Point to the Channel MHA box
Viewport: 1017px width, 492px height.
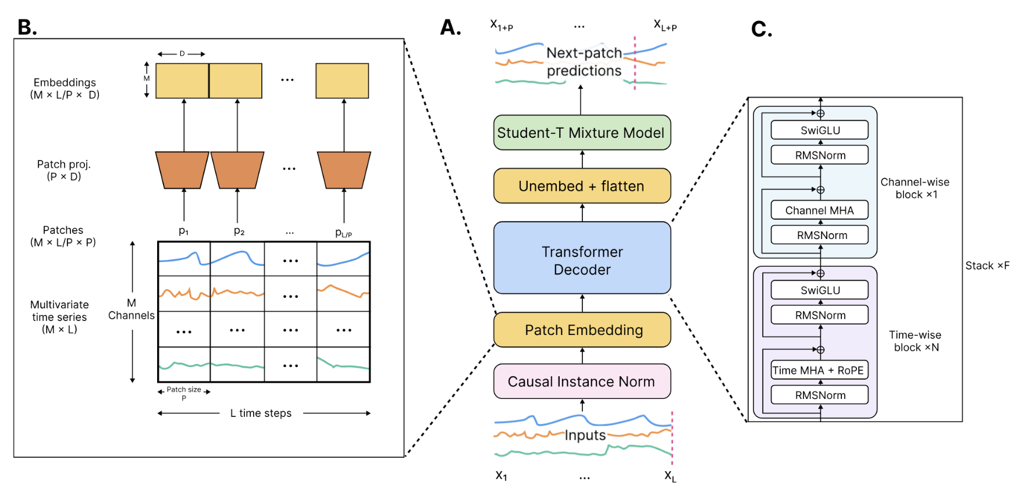coord(819,211)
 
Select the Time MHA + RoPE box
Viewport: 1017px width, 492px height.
coord(819,370)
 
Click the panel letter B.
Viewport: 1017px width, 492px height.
coord(27,27)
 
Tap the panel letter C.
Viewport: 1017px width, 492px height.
coord(761,28)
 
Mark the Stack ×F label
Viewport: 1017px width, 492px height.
coord(987,266)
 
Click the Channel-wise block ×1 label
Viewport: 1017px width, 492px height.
coord(915,188)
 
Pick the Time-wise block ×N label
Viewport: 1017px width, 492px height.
coord(915,341)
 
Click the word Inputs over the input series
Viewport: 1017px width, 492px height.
coord(585,435)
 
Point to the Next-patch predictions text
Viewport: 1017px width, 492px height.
coord(584,62)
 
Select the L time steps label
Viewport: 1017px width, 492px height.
coord(261,413)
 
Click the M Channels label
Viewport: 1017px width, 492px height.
coord(131,309)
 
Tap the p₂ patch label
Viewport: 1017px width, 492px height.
coord(239,231)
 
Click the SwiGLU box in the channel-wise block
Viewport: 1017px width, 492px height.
coord(819,130)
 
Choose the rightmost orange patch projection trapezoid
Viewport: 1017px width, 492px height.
coord(344,170)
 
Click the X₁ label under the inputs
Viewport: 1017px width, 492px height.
coord(502,476)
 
